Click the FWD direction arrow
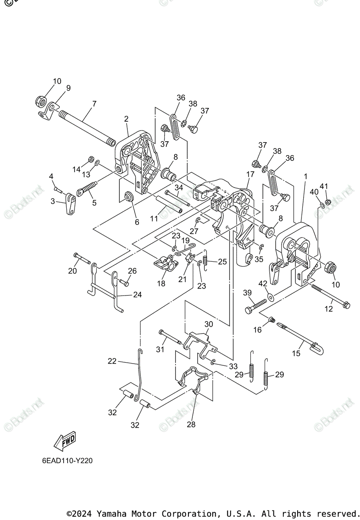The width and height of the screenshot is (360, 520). pyautogui.click(x=65, y=442)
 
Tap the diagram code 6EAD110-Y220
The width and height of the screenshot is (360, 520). pyautogui.click(x=67, y=461)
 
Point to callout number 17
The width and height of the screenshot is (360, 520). pyautogui.click(x=250, y=174)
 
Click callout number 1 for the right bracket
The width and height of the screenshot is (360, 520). pyautogui.click(x=305, y=176)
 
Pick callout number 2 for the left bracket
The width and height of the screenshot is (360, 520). pyautogui.click(x=126, y=119)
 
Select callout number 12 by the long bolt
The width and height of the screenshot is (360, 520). pyautogui.click(x=329, y=309)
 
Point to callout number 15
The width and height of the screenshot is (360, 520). pyautogui.click(x=296, y=353)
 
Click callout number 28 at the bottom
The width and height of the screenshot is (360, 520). pyautogui.click(x=191, y=424)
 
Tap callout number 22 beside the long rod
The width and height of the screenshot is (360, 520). pyautogui.click(x=112, y=361)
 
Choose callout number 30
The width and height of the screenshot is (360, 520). pyautogui.click(x=208, y=324)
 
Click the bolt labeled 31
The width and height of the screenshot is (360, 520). pyautogui.click(x=170, y=336)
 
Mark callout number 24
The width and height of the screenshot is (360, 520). pyautogui.click(x=137, y=295)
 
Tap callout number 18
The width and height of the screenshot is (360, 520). pyautogui.click(x=161, y=283)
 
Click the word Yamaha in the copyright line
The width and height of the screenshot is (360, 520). pyautogui.click(x=110, y=514)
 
